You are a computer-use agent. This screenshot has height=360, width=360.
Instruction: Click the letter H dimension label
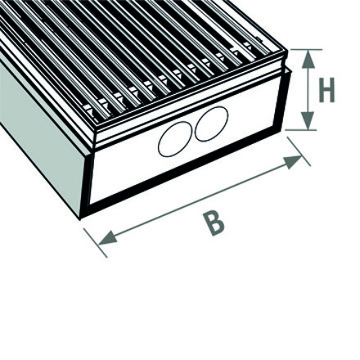[x=326, y=90]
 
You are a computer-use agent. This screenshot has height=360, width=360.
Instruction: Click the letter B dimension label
[x=215, y=224]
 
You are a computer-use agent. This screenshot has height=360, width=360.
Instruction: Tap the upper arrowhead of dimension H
[x=308, y=59]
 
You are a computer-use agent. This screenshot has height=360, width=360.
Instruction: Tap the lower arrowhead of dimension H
[x=308, y=120]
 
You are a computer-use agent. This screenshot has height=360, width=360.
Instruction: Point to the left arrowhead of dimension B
[x=108, y=237]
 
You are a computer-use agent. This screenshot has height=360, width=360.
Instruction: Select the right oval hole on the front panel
[x=211, y=124]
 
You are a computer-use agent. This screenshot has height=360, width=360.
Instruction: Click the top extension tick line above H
[x=305, y=50]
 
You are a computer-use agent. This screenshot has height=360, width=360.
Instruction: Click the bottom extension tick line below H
[x=301, y=130]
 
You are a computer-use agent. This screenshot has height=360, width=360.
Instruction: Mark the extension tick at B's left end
[x=96, y=243]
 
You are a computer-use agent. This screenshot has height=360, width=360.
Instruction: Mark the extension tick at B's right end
[x=299, y=151]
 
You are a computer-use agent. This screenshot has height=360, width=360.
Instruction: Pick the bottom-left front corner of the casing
[x=80, y=219]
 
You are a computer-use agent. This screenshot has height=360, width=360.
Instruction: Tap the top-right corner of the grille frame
[x=287, y=51]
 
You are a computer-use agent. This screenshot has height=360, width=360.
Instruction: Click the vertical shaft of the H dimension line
[x=308, y=90]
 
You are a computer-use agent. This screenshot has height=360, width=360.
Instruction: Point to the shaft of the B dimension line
[x=200, y=200]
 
